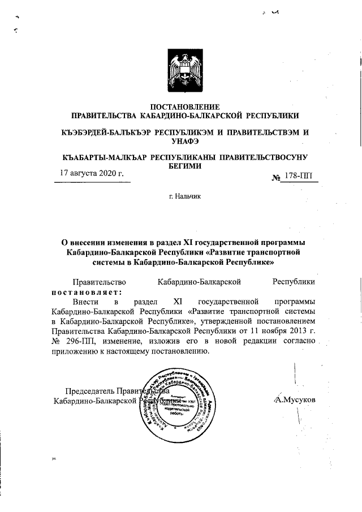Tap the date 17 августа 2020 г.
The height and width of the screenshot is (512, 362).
coord(92,173)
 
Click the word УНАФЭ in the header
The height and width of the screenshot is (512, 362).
coord(187,141)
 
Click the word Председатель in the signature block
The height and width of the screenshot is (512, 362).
coord(89,391)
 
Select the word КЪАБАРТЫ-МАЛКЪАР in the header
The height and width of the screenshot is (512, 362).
coord(105,157)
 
